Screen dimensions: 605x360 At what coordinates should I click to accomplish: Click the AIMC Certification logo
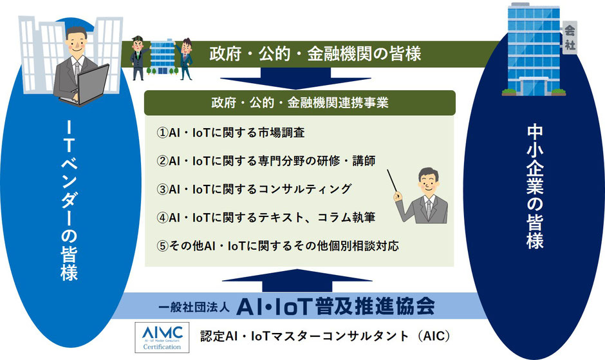(162, 337)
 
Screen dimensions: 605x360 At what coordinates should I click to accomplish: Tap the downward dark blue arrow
(295, 78)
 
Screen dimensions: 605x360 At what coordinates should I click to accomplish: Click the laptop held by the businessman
(89, 85)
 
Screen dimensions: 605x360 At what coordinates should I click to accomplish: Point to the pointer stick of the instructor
(393, 181)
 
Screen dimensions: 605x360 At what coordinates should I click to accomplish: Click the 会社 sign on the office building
(569, 37)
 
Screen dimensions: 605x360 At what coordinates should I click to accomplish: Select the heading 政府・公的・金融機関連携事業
(300, 103)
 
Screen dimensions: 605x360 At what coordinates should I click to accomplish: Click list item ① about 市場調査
(230, 133)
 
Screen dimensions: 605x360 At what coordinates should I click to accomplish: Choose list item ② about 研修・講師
(266, 161)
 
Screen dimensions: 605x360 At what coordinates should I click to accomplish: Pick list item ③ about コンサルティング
(254, 189)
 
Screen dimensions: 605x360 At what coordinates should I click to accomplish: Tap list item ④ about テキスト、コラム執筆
(266, 218)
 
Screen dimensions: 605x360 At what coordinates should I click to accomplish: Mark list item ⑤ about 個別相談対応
(277, 245)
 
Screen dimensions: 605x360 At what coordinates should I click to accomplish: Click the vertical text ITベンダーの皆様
(70, 200)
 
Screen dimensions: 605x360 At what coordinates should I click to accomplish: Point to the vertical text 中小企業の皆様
(535, 186)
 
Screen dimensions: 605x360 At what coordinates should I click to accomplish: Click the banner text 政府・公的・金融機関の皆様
(315, 53)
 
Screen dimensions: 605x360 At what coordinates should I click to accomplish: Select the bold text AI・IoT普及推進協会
(336, 307)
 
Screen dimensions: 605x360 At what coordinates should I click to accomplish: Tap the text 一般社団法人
(194, 307)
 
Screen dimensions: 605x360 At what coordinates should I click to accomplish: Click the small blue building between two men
(162, 57)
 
